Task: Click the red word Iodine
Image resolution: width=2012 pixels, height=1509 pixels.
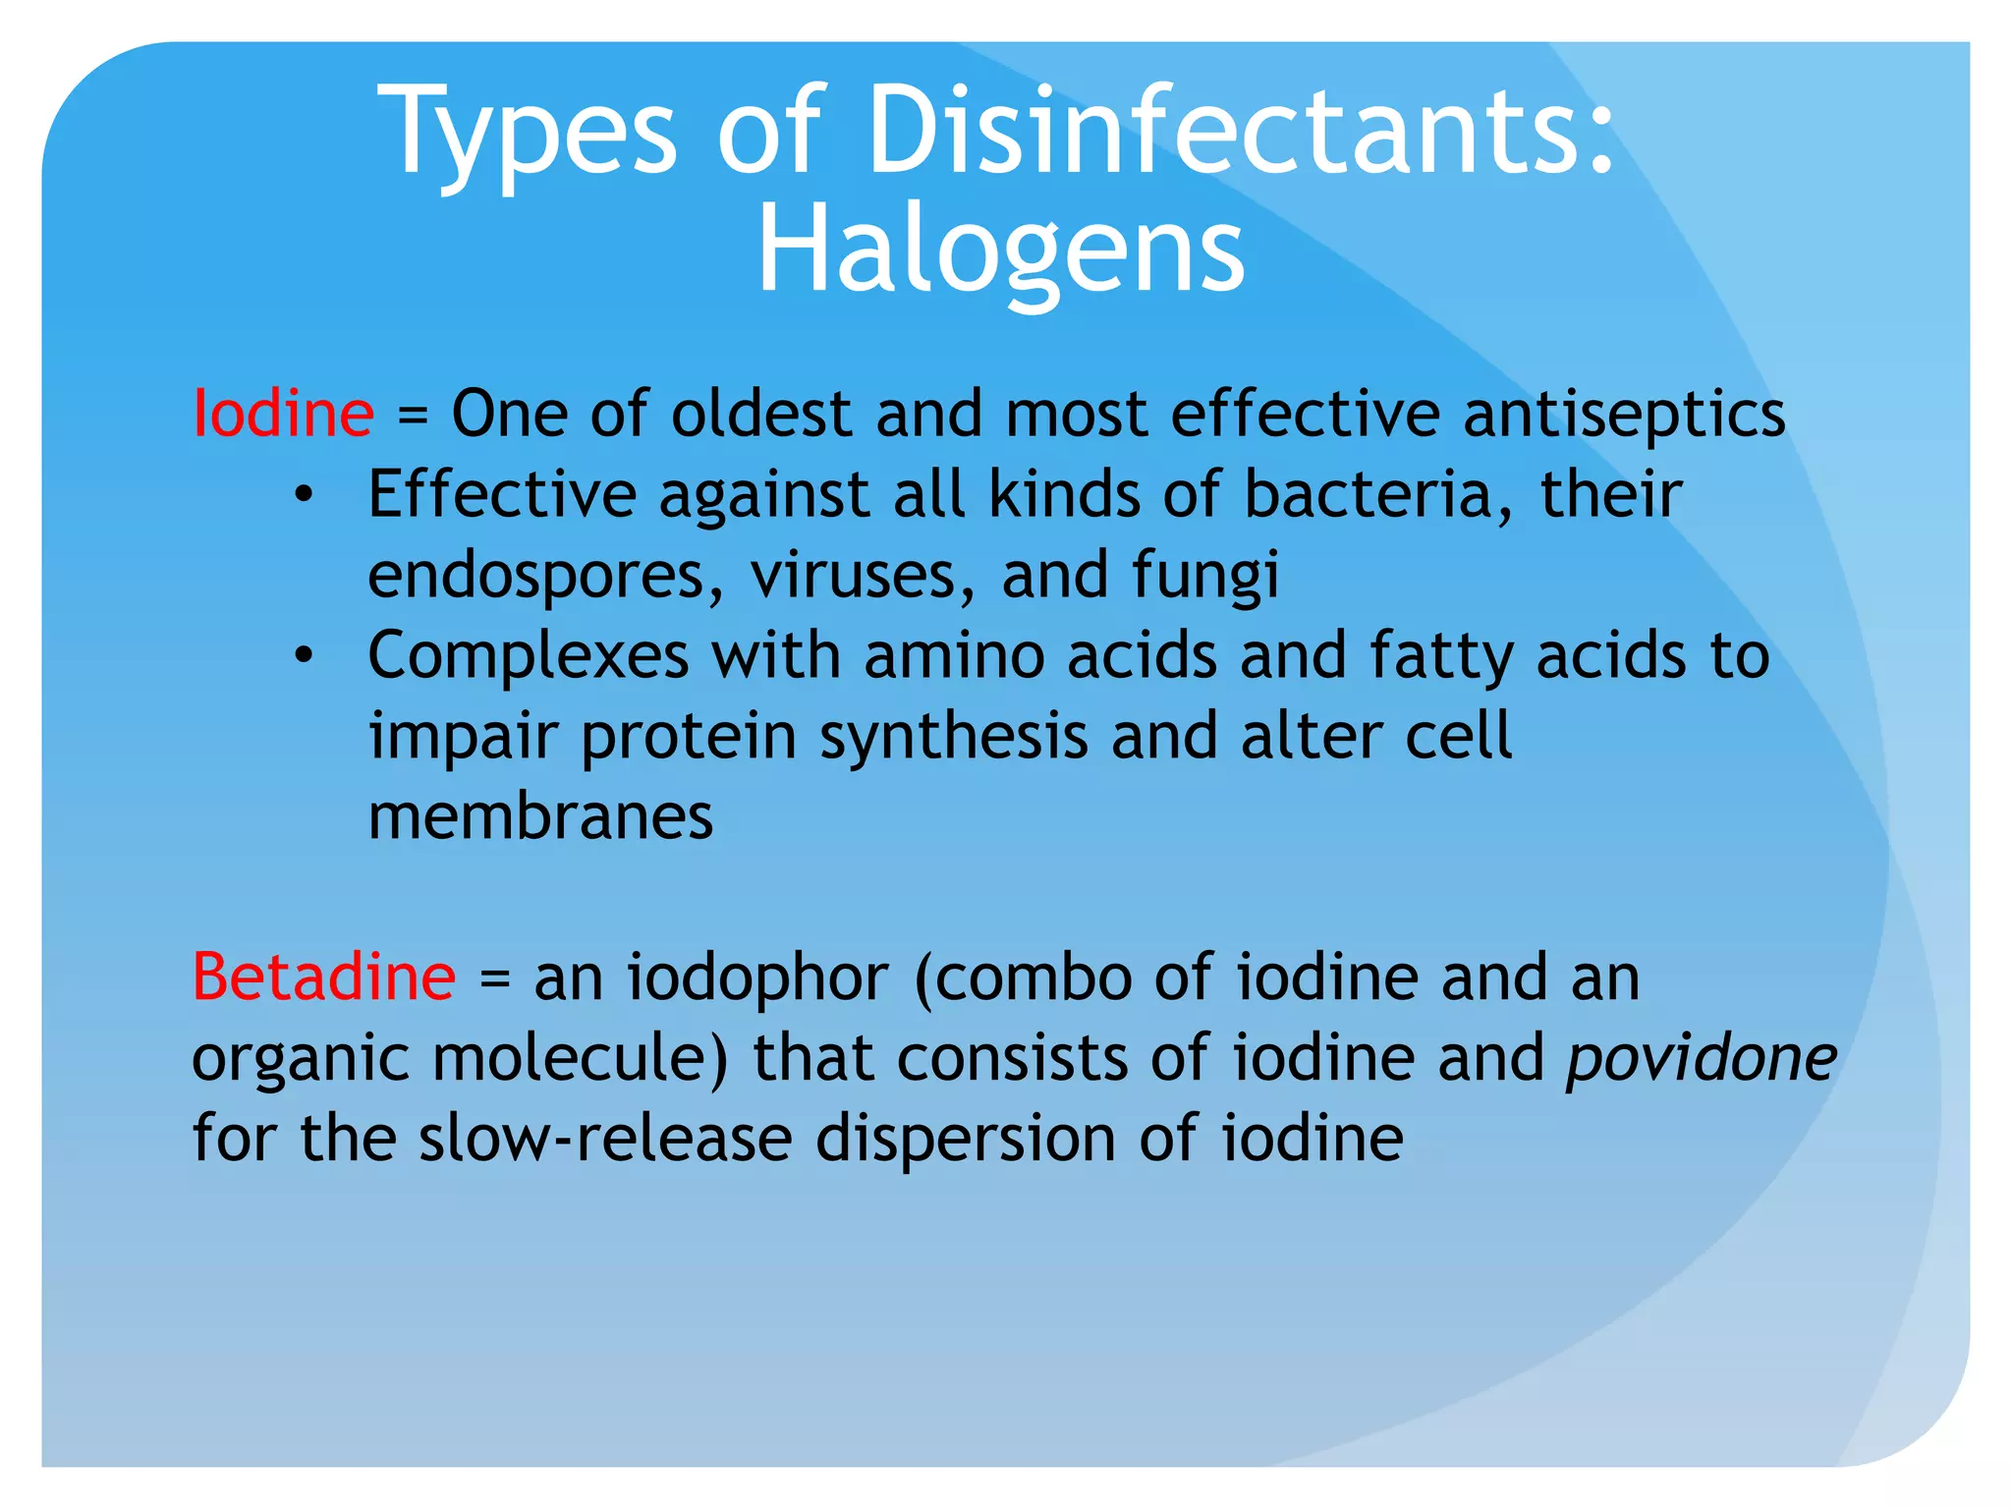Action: pos(283,414)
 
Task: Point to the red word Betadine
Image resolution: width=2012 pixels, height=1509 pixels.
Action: pos(323,977)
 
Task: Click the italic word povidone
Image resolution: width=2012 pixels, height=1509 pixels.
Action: pos(1701,1058)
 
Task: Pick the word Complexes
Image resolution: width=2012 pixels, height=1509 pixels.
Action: pos(528,655)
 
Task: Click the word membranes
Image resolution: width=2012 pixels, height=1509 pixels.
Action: pos(540,816)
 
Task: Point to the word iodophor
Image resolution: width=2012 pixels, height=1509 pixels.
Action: pos(757,977)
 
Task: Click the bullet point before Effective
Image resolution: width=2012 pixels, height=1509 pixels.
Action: pos(304,494)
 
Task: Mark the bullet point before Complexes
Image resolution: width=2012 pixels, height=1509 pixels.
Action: pos(304,655)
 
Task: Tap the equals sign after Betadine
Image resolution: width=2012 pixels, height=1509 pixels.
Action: pos(495,978)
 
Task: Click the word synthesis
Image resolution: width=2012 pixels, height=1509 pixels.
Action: pos(954,737)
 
